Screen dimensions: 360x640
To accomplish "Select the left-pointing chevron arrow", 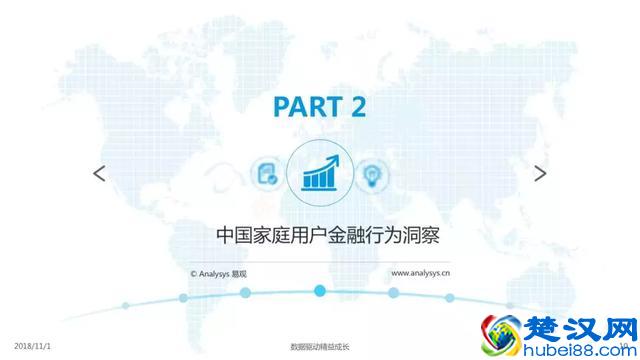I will tap(99, 173).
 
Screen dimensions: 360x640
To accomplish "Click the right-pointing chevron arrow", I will tap(540, 173).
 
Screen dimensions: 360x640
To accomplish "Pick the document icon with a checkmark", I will tap(267, 173).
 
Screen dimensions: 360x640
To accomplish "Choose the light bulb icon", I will tap(373, 173).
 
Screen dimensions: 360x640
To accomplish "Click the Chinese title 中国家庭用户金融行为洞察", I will tap(319, 237).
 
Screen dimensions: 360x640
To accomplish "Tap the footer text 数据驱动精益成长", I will tap(319, 347).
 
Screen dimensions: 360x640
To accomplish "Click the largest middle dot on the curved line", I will tap(320, 291).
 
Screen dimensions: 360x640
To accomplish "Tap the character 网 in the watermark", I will tap(612, 325).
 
